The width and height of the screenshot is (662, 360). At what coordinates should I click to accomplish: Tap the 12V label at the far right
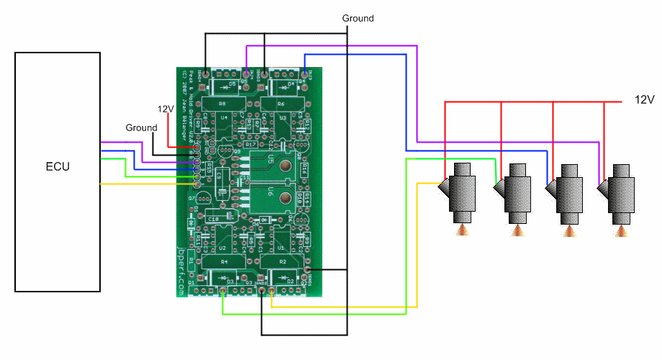(644, 99)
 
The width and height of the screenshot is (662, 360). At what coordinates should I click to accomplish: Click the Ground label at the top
(358, 18)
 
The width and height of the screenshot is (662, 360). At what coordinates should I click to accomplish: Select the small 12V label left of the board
(165, 109)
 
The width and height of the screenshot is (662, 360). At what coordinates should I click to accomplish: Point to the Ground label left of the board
(141, 127)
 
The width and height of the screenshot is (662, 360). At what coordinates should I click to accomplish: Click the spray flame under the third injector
(568, 230)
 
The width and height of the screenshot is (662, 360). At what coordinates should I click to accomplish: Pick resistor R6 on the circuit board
(282, 104)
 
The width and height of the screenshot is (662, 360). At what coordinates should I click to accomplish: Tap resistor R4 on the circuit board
(224, 261)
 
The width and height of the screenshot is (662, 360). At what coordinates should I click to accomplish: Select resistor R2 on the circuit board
(282, 261)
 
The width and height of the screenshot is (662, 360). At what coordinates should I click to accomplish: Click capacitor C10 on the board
(213, 218)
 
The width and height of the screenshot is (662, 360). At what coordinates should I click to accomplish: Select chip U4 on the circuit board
(224, 119)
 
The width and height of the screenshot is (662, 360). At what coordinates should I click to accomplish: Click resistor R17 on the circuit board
(251, 145)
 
